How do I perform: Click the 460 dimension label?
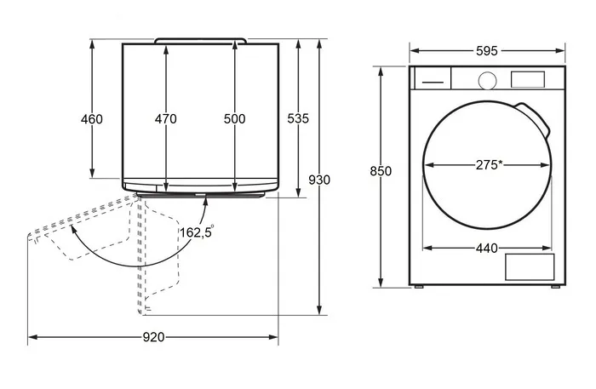click(92, 119)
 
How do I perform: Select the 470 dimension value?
click(166, 119)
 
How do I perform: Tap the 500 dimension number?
click(234, 119)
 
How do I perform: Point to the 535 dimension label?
click(298, 118)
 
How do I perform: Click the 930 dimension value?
click(319, 180)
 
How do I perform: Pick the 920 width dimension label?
click(153, 337)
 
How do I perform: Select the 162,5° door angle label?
click(197, 232)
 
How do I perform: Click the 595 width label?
click(487, 51)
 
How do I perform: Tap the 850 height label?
click(381, 171)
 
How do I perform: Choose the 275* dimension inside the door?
click(490, 165)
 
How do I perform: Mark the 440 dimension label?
click(487, 248)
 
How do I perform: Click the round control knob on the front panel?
click(487, 81)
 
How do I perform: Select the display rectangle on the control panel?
click(528, 79)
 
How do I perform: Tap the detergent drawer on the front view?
click(433, 78)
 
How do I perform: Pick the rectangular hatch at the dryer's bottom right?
click(530, 267)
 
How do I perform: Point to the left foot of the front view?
click(419, 287)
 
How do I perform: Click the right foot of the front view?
click(555, 287)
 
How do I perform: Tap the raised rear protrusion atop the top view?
click(200, 41)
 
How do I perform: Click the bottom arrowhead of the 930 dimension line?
click(319, 310)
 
